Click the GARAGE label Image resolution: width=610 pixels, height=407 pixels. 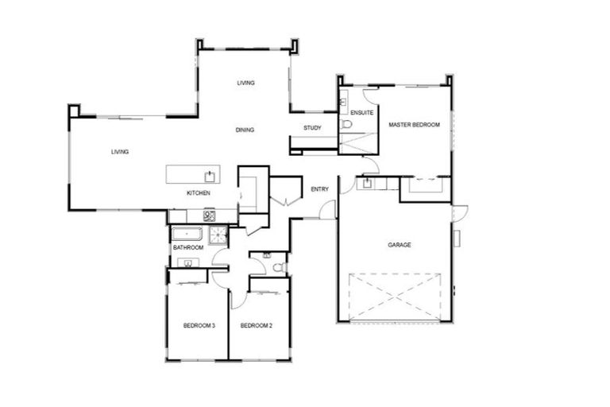399,245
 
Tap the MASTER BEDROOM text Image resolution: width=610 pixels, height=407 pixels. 413,125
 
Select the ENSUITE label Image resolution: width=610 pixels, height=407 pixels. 361,113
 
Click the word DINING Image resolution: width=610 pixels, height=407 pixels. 245,130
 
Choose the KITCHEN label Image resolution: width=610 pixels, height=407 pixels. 198,194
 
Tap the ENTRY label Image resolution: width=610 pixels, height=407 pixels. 320,189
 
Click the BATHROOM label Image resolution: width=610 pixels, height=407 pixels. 188,248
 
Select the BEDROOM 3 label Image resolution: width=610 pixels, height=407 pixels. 199,325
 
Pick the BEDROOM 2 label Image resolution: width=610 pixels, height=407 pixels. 257,325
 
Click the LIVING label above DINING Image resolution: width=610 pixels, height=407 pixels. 245,83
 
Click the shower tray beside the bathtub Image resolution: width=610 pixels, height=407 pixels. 217,234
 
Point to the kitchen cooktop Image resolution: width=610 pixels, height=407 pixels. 210,215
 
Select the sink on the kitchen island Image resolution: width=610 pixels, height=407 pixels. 210,176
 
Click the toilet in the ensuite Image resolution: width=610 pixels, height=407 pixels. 347,126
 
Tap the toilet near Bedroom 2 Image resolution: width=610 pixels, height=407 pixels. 278,268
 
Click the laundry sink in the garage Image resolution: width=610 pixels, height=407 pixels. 368,184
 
